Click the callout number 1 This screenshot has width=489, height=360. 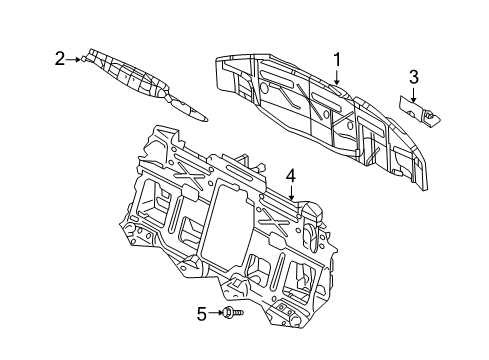click(x=337, y=60)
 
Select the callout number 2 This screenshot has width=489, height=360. click(x=60, y=59)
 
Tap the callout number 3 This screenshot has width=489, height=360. click(x=413, y=77)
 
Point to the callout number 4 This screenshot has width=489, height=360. click(x=291, y=176)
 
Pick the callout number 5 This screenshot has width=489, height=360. click(x=202, y=314)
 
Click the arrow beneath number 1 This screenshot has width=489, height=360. click(x=337, y=76)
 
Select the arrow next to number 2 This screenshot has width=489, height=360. click(x=73, y=60)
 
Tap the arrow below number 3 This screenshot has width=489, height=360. click(x=413, y=95)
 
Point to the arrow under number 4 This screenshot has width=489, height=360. click(x=291, y=193)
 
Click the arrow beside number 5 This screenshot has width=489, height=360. click(x=216, y=313)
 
